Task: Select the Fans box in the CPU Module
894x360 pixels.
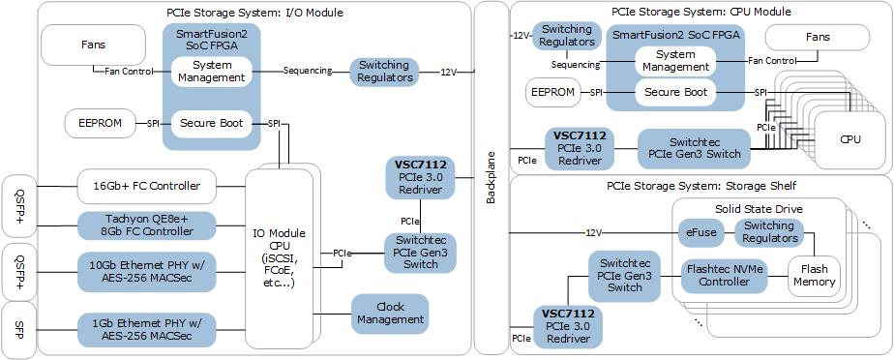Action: tap(817, 38)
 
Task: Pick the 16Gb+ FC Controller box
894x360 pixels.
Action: tap(152, 185)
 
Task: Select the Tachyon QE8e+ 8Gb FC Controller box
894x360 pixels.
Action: tap(152, 225)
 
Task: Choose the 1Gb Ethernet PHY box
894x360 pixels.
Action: tap(152, 328)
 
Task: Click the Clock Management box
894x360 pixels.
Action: tap(389, 313)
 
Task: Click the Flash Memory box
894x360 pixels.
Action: tap(814, 276)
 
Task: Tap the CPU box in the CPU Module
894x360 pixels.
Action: tap(849, 139)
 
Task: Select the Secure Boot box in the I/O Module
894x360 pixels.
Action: tap(211, 123)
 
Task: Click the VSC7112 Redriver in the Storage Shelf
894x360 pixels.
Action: tap(567, 326)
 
